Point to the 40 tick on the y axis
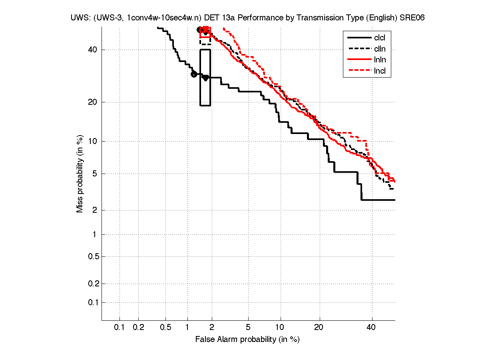pos(93,50)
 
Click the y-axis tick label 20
pos(93,102)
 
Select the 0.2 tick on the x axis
pos(138,328)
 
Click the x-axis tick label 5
pos(248,328)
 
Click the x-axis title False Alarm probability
pos(247,340)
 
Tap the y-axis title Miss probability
pos(80,173)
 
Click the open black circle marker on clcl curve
pos(194,74)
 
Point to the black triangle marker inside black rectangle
pos(205,78)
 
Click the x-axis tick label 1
pos(187,328)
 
